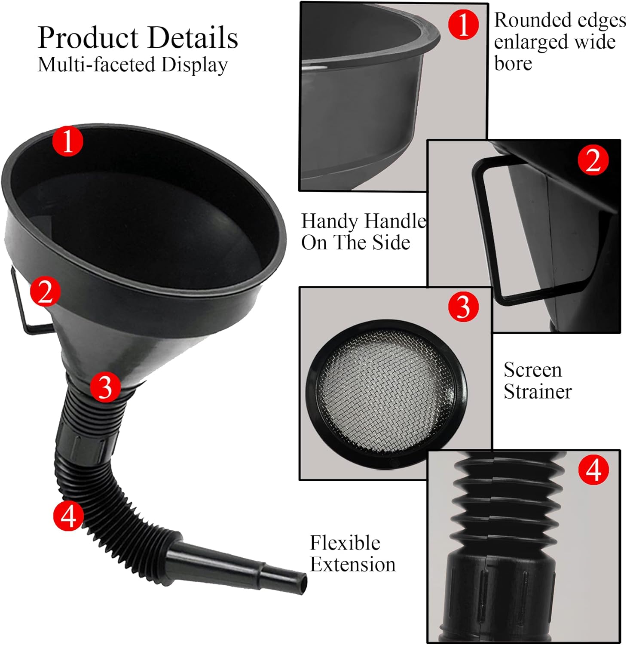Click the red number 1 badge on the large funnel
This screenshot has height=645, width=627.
tap(67, 141)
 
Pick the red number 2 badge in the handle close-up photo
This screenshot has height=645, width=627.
tap(593, 160)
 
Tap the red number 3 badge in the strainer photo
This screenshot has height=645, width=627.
tap(463, 307)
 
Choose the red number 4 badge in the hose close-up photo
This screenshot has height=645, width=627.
tap(593, 470)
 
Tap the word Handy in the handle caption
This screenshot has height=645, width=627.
tap(327, 221)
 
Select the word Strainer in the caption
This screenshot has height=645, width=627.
tap(538, 391)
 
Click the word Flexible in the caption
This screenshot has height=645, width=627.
tap(345, 543)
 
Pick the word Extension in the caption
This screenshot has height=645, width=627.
tap(353, 564)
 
